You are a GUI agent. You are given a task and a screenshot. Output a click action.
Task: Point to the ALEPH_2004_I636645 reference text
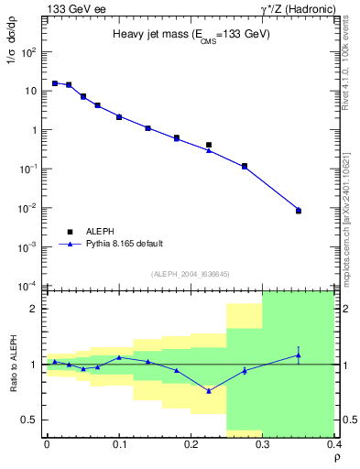pyautogui.click(x=189, y=275)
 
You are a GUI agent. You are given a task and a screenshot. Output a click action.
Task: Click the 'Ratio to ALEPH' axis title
pyautogui.click(x=12, y=365)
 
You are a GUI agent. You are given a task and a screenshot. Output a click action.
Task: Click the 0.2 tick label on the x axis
pyautogui.click(x=191, y=444)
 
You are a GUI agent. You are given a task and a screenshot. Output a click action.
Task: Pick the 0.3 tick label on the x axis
pyautogui.click(x=263, y=444)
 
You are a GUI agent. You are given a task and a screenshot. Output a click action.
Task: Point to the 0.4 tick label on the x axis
pyautogui.click(x=333, y=444)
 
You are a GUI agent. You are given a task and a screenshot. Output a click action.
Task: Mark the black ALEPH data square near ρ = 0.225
pyautogui.click(x=209, y=145)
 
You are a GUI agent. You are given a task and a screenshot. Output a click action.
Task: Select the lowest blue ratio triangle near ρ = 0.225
pyautogui.click(x=209, y=390)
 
